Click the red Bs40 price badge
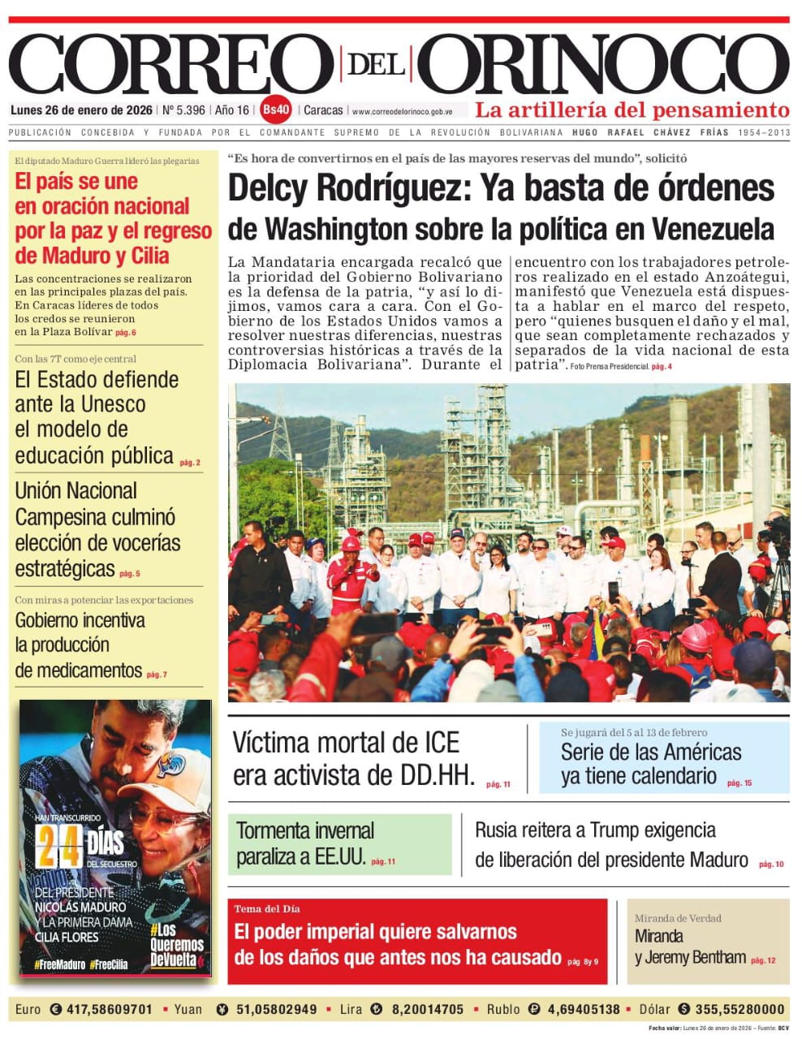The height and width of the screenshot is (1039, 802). click(276, 110)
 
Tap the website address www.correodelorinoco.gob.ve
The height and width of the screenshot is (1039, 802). click(402, 111)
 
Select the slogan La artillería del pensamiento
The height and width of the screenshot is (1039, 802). click(632, 110)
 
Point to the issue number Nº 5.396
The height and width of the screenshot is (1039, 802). click(183, 110)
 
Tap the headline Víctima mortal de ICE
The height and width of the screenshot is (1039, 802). click(346, 742)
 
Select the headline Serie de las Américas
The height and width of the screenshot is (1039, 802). click(651, 752)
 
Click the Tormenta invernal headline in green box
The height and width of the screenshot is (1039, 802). click(305, 830)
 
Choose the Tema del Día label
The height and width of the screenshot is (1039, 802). click(267, 908)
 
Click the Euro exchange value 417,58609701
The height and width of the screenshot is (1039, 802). click(109, 1009)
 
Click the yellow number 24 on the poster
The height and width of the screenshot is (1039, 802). click(59, 847)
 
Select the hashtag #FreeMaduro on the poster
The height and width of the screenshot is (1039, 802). click(59, 965)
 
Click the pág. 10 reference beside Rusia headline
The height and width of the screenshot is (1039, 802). click(771, 864)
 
